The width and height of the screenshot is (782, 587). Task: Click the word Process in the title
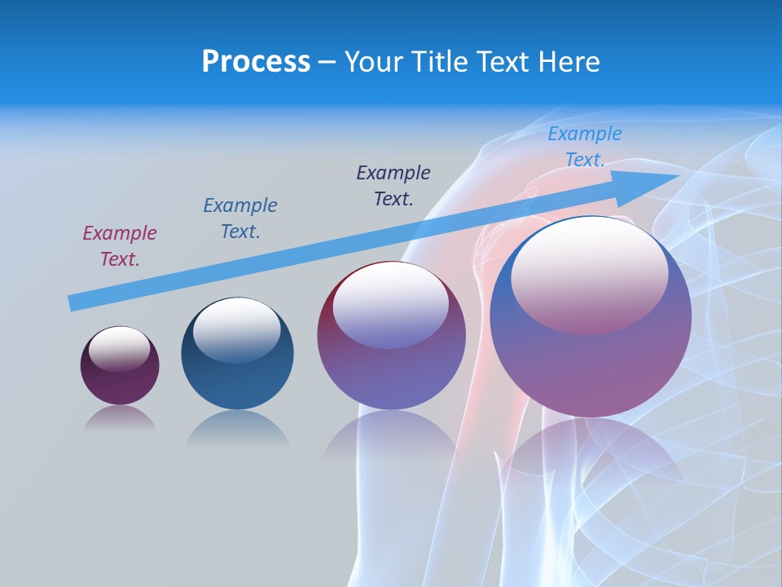coord(256,62)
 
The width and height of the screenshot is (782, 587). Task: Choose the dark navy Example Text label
coord(393,185)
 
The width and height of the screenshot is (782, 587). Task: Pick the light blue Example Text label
coord(585,147)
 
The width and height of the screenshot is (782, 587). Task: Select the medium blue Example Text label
coord(240,218)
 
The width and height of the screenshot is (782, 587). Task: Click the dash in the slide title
coord(327,62)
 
